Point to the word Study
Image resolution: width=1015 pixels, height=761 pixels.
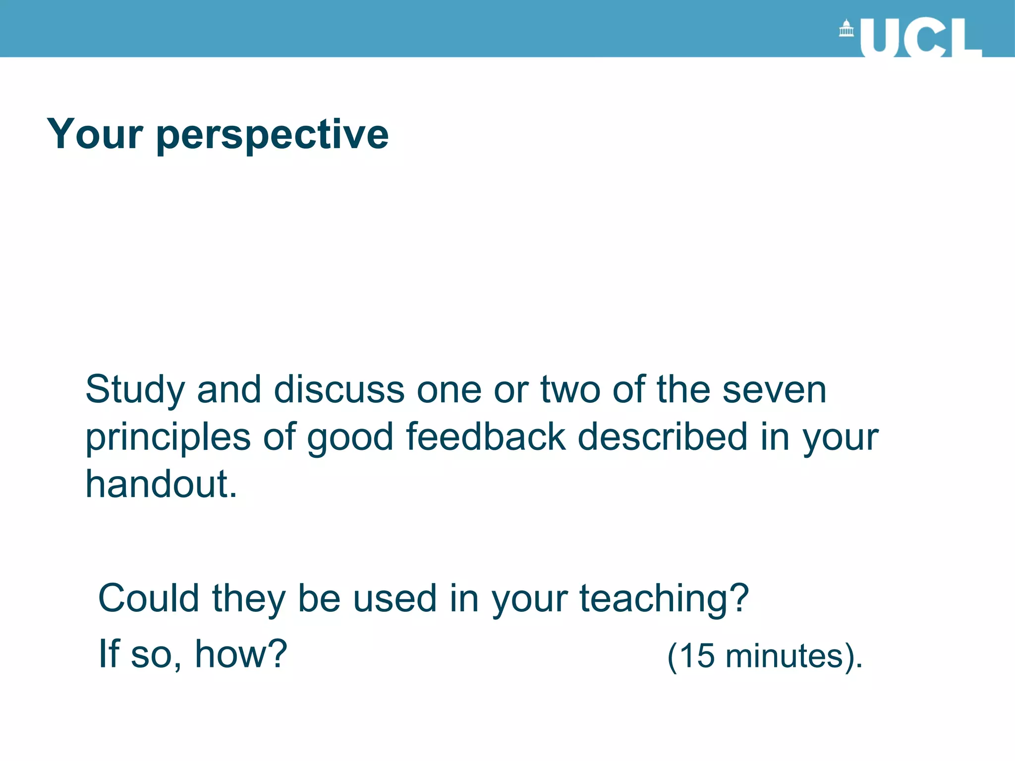pos(135,390)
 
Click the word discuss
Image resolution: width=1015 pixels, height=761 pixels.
pos(339,389)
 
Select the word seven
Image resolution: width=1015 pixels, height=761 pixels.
pos(774,389)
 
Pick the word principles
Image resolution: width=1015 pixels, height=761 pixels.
pos(168,438)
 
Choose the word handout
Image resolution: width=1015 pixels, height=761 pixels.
pos(161,484)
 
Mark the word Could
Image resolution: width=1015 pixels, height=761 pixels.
pos(148,598)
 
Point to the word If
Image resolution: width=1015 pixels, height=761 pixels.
pos(109,653)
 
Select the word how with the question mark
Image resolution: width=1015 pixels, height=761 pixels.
pos(241,653)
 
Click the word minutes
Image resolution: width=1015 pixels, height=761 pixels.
pos(784,656)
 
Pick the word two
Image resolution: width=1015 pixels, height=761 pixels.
pos(570,389)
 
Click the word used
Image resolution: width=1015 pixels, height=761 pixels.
pos(395,598)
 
